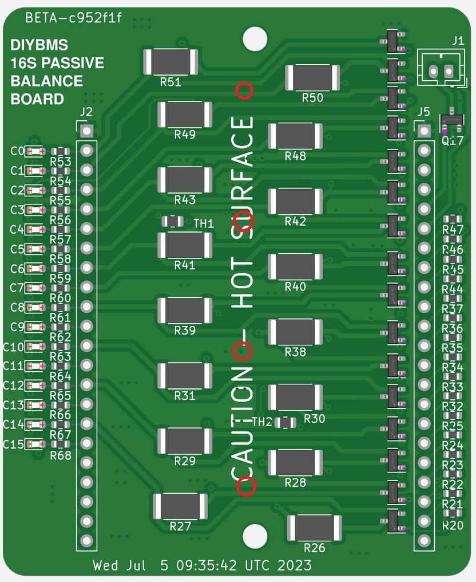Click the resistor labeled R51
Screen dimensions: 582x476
point(170,61)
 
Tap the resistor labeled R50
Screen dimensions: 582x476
point(313,77)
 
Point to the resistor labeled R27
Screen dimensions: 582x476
point(180,506)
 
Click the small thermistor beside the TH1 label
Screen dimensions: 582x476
point(172,221)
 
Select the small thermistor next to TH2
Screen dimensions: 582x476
point(285,423)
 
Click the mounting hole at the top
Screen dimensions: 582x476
point(255,39)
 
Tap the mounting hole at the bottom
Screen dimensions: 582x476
point(255,536)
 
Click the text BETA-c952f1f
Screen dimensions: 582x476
point(74,18)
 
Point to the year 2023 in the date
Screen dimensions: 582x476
point(295,566)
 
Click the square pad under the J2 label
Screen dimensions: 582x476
point(86,131)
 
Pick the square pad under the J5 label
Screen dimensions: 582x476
point(424,131)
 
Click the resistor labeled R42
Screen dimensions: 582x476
point(295,201)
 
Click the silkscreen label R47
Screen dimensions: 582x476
point(453,230)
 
